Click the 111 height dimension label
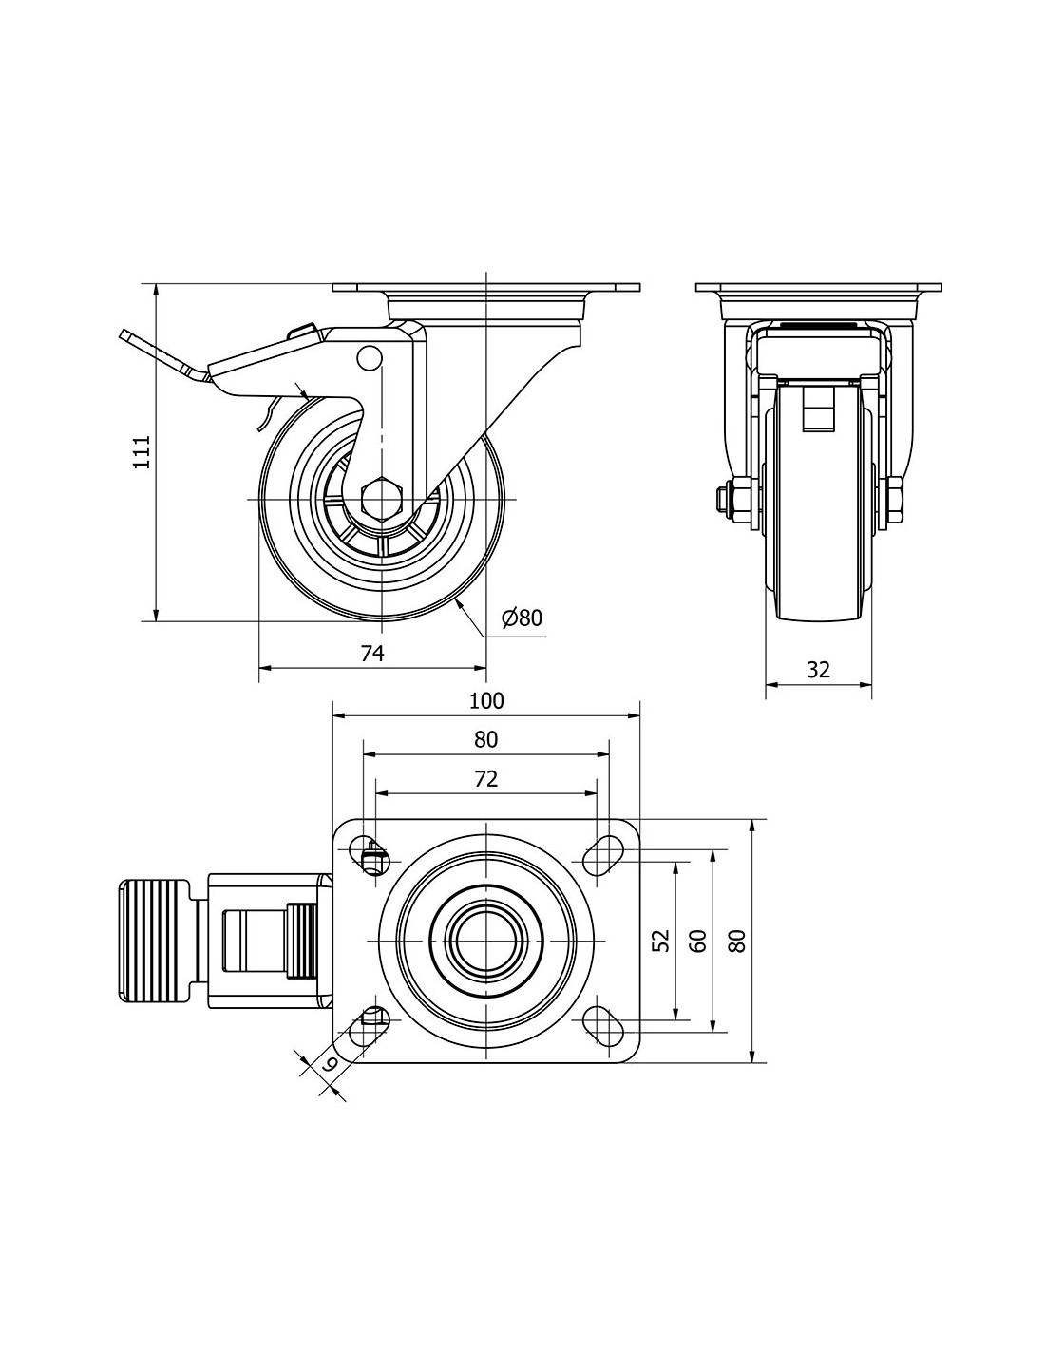coord(141,452)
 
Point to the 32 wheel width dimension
coord(818,669)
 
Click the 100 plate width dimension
coord(485,701)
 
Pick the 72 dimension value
coord(485,779)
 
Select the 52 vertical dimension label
coord(662,940)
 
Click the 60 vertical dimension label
coord(698,940)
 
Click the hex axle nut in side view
coord(382,498)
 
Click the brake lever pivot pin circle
coord(369,356)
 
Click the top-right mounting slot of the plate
coord(600,849)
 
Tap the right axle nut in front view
coord(895,500)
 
